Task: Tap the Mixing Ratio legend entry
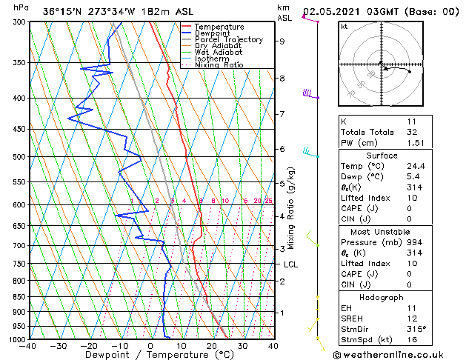tap(219, 65)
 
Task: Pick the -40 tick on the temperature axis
tap(28, 346)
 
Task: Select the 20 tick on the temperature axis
tap(211, 346)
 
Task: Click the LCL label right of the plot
tap(291, 264)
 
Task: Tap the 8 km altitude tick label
tap(282, 78)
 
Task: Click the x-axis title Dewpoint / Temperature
tap(149, 355)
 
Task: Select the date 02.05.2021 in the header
tap(328, 11)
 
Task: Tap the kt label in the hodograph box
tap(344, 26)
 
